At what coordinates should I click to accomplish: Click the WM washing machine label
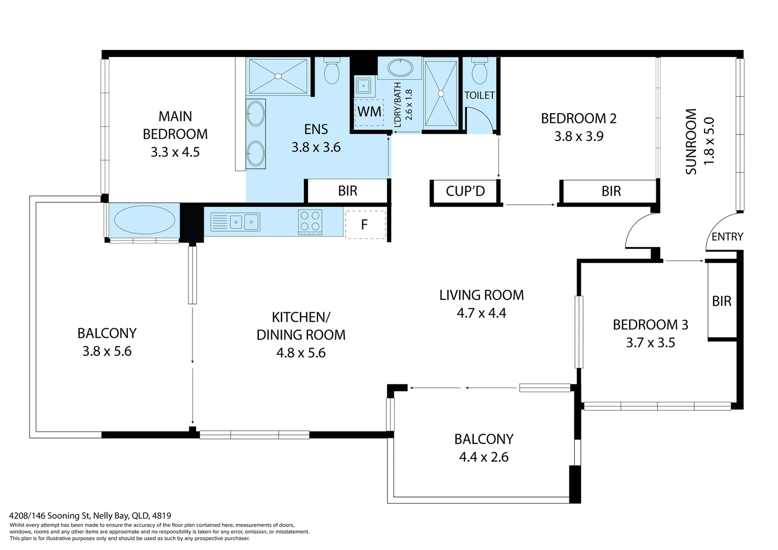[x=369, y=112]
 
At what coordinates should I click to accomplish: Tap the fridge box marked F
[x=365, y=225]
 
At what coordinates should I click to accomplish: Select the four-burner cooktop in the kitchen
[x=310, y=222]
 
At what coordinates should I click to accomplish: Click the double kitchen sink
[x=243, y=222]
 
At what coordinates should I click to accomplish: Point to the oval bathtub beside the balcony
[x=145, y=220]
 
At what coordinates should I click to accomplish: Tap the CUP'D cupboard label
[x=465, y=191]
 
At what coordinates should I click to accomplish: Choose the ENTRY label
[x=727, y=237]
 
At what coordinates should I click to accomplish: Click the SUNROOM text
[x=691, y=142]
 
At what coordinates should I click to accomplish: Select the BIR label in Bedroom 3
[x=721, y=301]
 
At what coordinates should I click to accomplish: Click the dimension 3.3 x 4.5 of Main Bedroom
[x=175, y=152]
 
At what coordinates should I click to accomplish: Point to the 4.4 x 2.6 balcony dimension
[x=484, y=457]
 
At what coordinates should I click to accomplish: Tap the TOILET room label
[x=479, y=95]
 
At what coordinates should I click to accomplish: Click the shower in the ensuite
[x=279, y=76]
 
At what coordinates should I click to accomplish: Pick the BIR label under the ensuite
[x=348, y=191]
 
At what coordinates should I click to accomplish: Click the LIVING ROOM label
[x=481, y=295]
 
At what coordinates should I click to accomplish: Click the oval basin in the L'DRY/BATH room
[x=400, y=68]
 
